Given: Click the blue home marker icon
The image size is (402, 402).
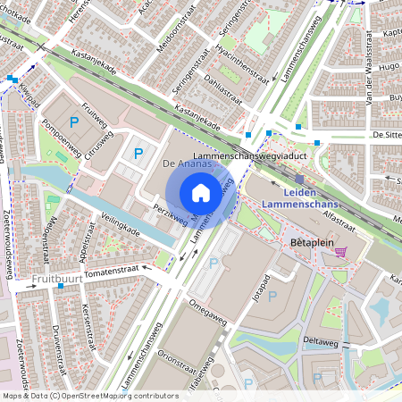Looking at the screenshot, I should (x=201, y=192).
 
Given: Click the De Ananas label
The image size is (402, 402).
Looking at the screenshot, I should (x=187, y=164).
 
